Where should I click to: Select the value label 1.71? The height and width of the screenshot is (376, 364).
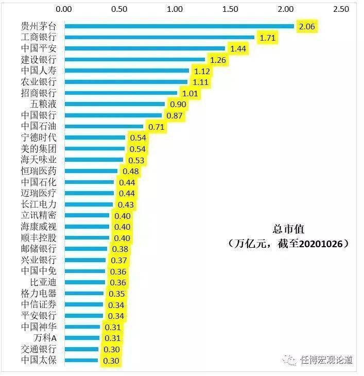click(x=267, y=38)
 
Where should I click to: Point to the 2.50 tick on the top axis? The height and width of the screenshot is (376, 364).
click(x=341, y=9)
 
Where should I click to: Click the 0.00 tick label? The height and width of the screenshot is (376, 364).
click(x=64, y=9)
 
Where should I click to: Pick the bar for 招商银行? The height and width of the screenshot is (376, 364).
click(x=120, y=93)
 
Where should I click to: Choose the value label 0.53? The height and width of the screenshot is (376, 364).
click(x=136, y=160)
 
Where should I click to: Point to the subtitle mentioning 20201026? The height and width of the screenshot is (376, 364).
click(x=288, y=244)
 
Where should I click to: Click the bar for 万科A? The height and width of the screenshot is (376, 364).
click(x=82, y=338)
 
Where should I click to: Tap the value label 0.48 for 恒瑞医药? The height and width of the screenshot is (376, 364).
click(x=130, y=171)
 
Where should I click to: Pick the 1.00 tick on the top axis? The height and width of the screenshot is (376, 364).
click(x=175, y=9)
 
